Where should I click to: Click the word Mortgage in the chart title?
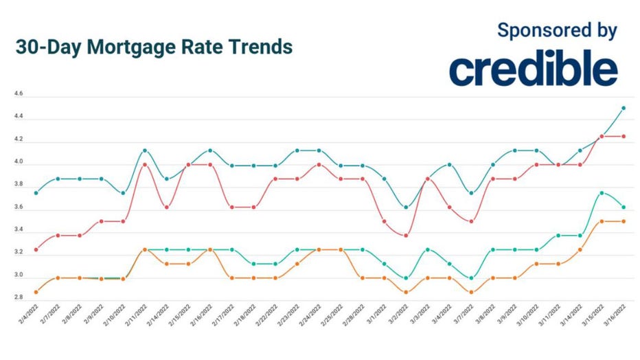(128, 47)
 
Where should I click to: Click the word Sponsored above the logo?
(538, 30)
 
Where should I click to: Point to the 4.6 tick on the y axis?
(18, 94)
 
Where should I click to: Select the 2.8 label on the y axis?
(18, 298)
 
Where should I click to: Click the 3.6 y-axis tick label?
(18, 207)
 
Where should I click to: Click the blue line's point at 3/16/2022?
(623, 108)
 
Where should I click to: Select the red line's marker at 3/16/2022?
(623, 137)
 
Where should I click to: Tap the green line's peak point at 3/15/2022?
(602, 193)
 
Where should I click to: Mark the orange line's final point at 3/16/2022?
(623, 221)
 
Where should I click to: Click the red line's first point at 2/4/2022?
(36, 249)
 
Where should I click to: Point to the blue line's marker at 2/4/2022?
(36, 193)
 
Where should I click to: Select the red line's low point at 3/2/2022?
(406, 236)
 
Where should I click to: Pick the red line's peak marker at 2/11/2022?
(145, 164)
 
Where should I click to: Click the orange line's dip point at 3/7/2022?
(471, 292)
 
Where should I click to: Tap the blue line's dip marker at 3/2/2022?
(406, 207)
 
